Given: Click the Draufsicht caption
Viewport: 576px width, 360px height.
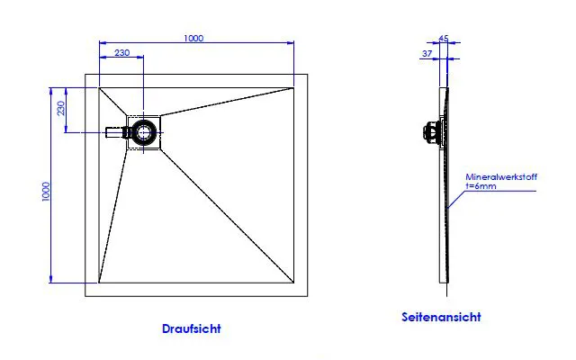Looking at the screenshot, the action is (x=191, y=328).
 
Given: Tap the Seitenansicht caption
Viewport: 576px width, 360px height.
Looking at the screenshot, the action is (x=441, y=317).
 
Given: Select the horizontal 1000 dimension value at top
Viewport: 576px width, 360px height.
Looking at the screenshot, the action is (x=193, y=38).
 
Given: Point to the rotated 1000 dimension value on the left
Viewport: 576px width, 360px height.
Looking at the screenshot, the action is (x=45, y=193).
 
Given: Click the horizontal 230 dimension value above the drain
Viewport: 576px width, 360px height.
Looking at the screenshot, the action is (x=121, y=53).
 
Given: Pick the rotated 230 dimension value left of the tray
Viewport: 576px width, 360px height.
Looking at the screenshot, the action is (x=60, y=109).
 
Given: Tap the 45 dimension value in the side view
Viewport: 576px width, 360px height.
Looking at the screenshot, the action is (x=443, y=39).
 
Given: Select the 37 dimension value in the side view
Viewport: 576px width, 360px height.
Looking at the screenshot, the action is (x=427, y=54).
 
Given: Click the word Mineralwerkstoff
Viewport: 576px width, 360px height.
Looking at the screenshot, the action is (x=501, y=178).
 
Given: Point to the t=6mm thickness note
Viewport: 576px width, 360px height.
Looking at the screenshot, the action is (x=481, y=187).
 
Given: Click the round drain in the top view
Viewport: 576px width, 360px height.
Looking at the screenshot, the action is (x=143, y=133).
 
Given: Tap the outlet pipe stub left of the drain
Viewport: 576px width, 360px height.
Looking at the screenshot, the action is (x=112, y=133).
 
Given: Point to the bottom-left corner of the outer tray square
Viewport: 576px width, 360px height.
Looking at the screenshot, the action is (x=85, y=296).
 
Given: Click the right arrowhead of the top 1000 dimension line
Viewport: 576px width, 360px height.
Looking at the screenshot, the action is (x=292, y=43).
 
